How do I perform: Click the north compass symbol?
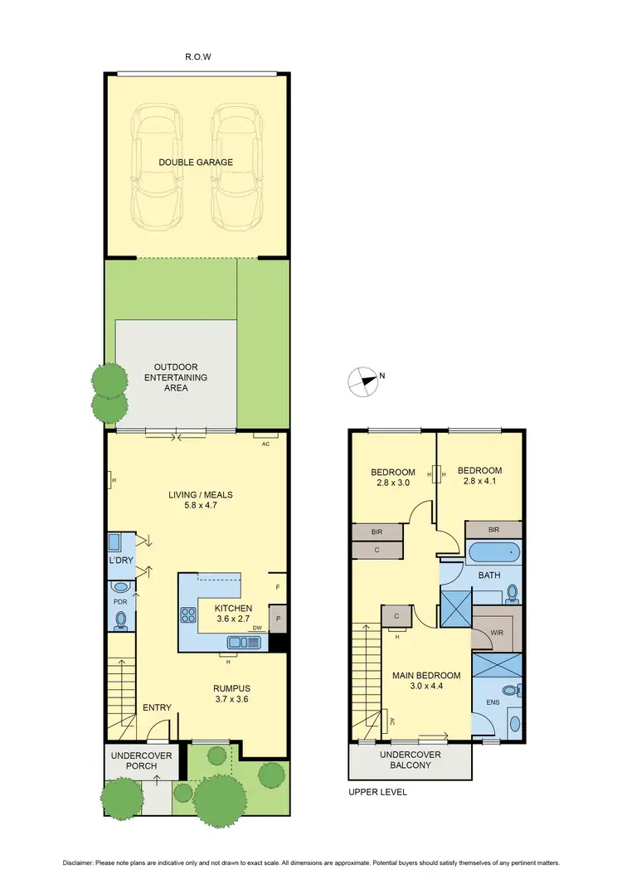tap(362, 381)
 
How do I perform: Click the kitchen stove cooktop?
tap(187, 614)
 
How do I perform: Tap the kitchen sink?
tap(241, 641)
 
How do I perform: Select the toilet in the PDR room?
tap(121, 619)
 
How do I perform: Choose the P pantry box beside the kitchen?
tap(278, 619)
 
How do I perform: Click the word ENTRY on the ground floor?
tap(157, 707)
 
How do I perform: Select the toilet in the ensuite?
tap(515, 689)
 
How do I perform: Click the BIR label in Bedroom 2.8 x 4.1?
tap(493, 529)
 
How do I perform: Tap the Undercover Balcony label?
tap(410, 760)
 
